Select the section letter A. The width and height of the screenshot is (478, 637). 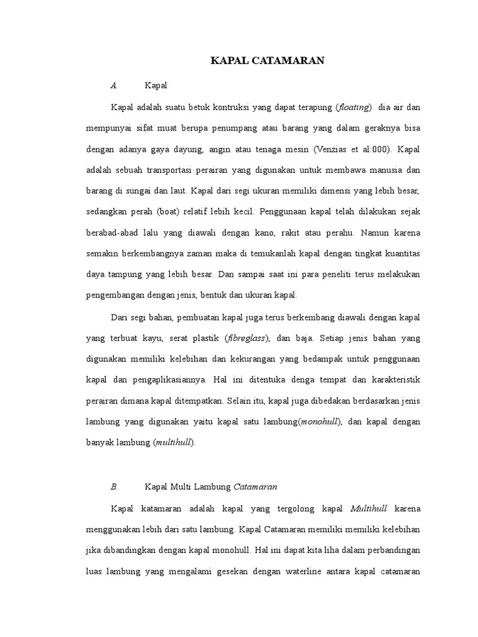(x=113, y=85)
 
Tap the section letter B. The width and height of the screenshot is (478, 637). (x=113, y=486)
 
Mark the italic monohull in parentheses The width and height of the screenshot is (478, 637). (x=320, y=422)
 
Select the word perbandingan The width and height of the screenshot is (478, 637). (x=392, y=551)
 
